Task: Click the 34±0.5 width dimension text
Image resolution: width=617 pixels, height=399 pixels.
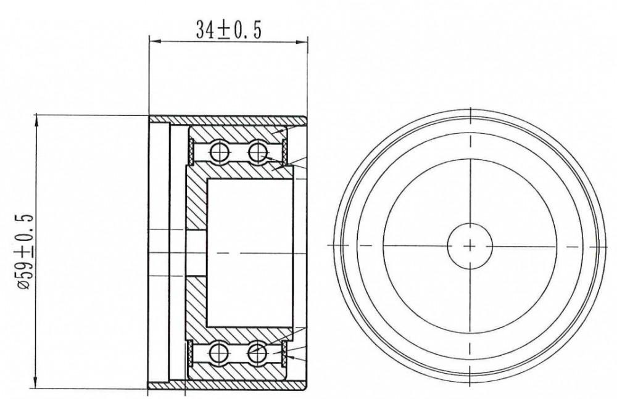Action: pyautogui.click(x=228, y=30)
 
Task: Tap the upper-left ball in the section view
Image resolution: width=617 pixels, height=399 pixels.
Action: pyautogui.click(x=219, y=150)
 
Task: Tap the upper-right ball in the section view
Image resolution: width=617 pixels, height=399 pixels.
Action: pyautogui.click(x=257, y=150)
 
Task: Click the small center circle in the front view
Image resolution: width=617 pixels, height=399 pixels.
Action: pyautogui.click(x=470, y=246)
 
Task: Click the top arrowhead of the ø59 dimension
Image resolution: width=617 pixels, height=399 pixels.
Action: pyautogui.click(x=36, y=121)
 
